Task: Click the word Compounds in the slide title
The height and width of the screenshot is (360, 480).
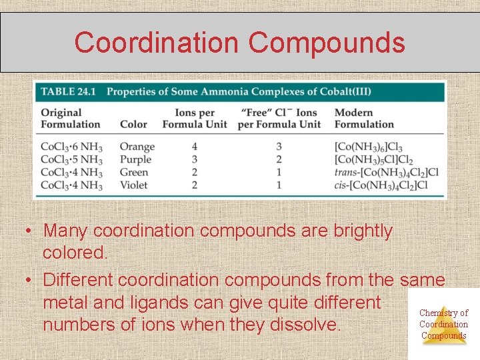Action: click(327, 43)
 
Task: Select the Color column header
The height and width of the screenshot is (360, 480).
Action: click(133, 124)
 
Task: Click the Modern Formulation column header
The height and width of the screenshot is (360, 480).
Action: click(364, 118)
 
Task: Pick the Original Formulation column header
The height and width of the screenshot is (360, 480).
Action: click(70, 118)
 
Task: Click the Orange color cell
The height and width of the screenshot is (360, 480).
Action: click(137, 147)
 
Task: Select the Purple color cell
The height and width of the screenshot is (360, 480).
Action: click(135, 159)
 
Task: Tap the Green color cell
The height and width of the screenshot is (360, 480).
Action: click(135, 172)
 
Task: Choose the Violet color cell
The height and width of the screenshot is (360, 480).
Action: click(133, 185)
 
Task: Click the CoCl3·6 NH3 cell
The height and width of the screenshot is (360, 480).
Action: click(71, 147)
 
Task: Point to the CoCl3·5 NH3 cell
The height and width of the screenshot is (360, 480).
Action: click(71, 160)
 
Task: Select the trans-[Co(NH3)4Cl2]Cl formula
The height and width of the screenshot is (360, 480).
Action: click(386, 173)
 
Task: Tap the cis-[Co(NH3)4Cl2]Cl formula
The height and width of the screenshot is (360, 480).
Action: click(381, 185)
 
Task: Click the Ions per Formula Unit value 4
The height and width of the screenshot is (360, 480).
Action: click(195, 147)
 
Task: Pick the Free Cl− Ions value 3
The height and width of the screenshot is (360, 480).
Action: click(279, 147)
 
